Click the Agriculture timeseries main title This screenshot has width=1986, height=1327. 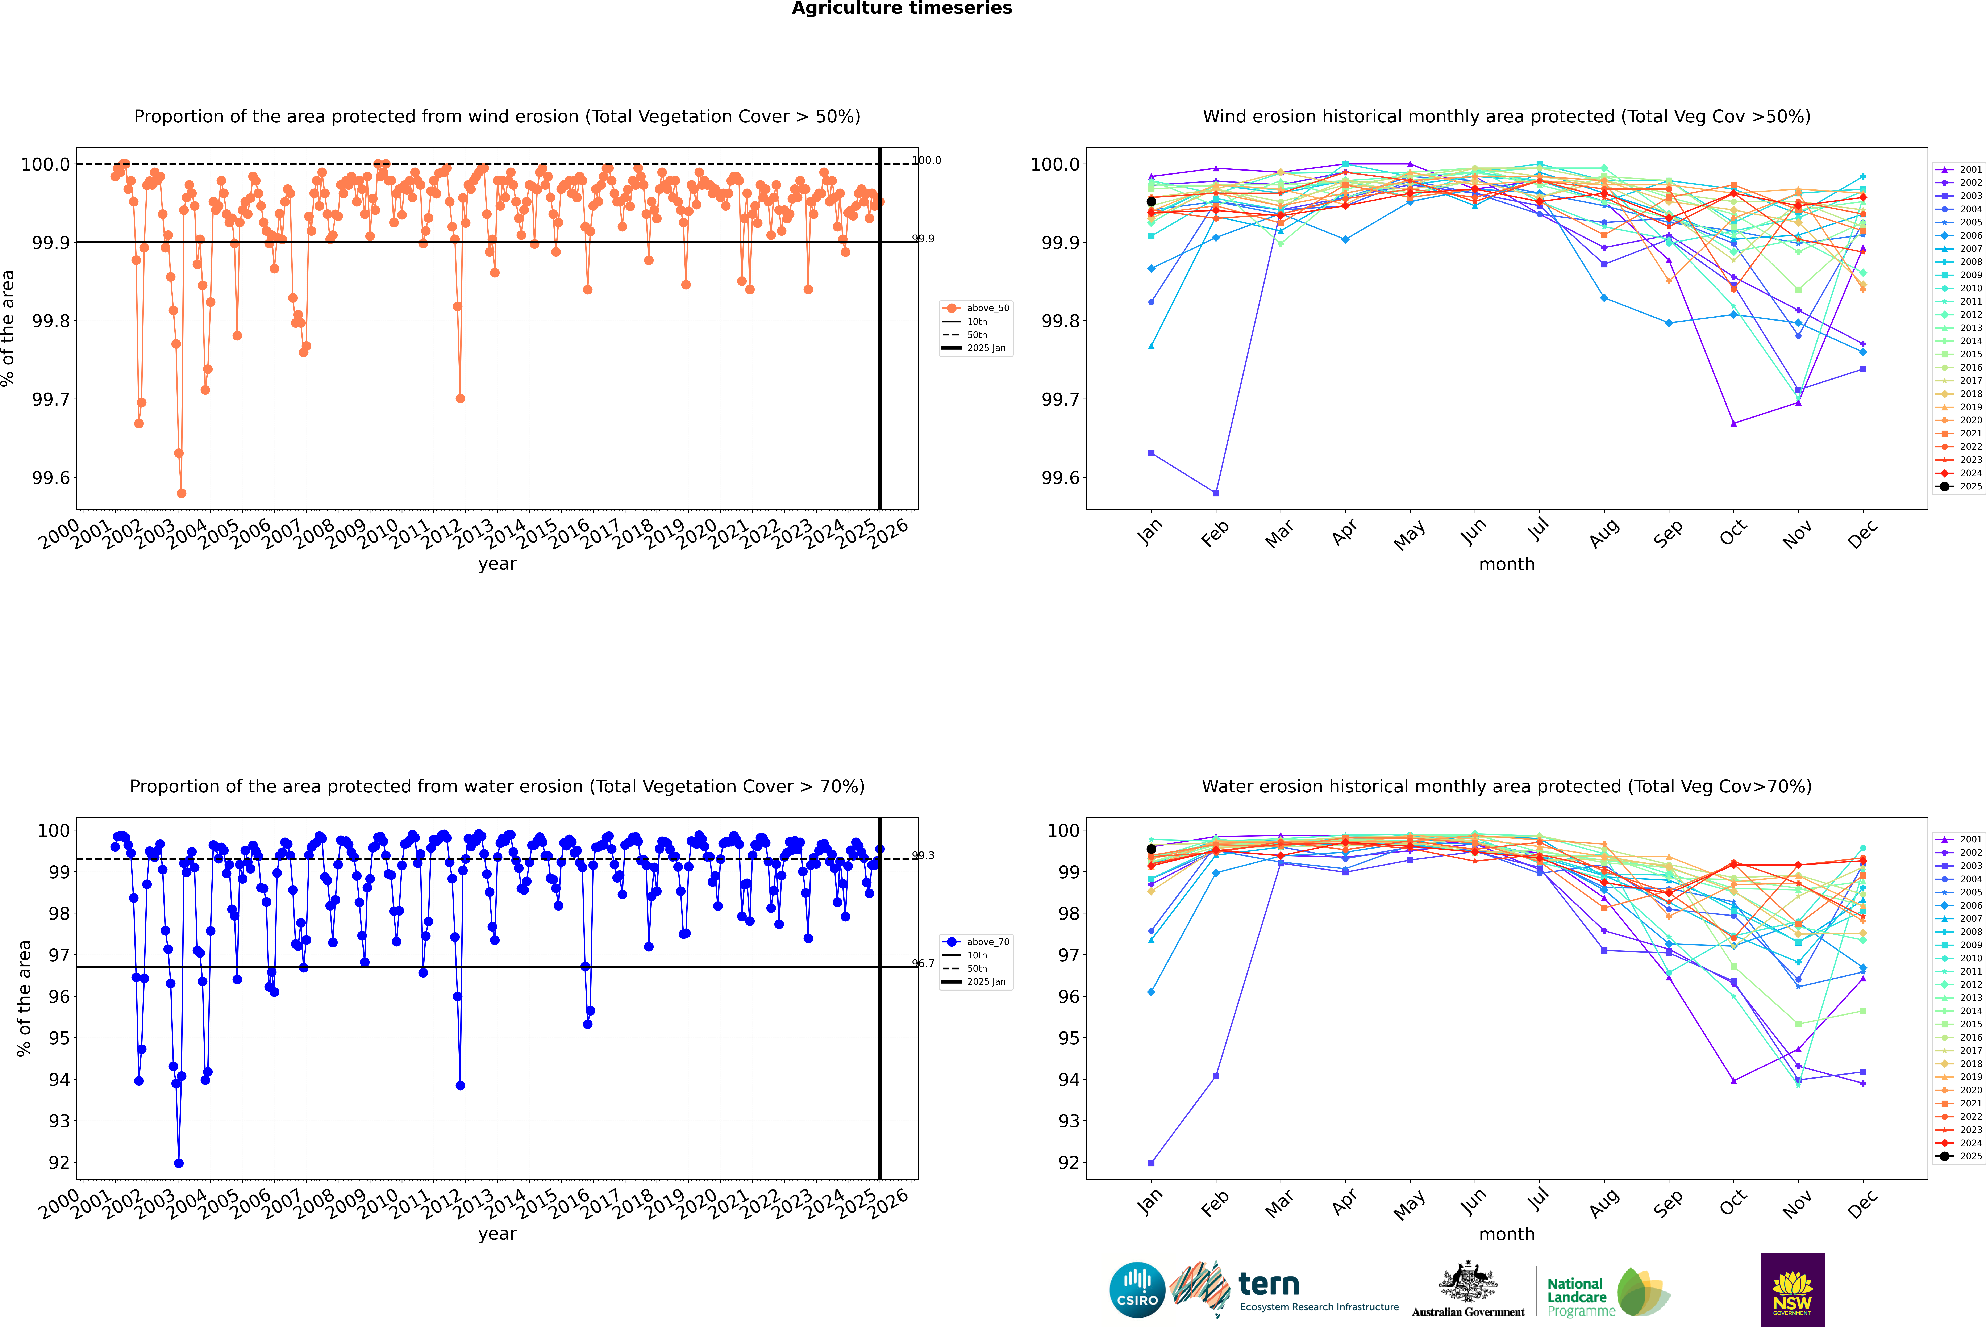(902, 8)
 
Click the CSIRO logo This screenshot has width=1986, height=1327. (1137, 1290)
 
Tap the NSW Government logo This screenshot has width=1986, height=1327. (1792, 1290)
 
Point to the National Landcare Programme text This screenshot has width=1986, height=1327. (1576, 1297)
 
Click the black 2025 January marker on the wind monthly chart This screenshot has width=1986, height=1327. (1151, 201)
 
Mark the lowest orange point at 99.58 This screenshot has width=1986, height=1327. (181, 493)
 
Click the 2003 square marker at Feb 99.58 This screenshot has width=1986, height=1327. (1216, 493)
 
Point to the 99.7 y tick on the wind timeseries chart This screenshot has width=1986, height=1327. (51, 399)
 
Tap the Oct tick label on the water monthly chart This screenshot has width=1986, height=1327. (1732, 1202)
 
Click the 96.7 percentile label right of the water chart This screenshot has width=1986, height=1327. (923, 963)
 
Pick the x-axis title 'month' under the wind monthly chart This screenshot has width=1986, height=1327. (1507, 565)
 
